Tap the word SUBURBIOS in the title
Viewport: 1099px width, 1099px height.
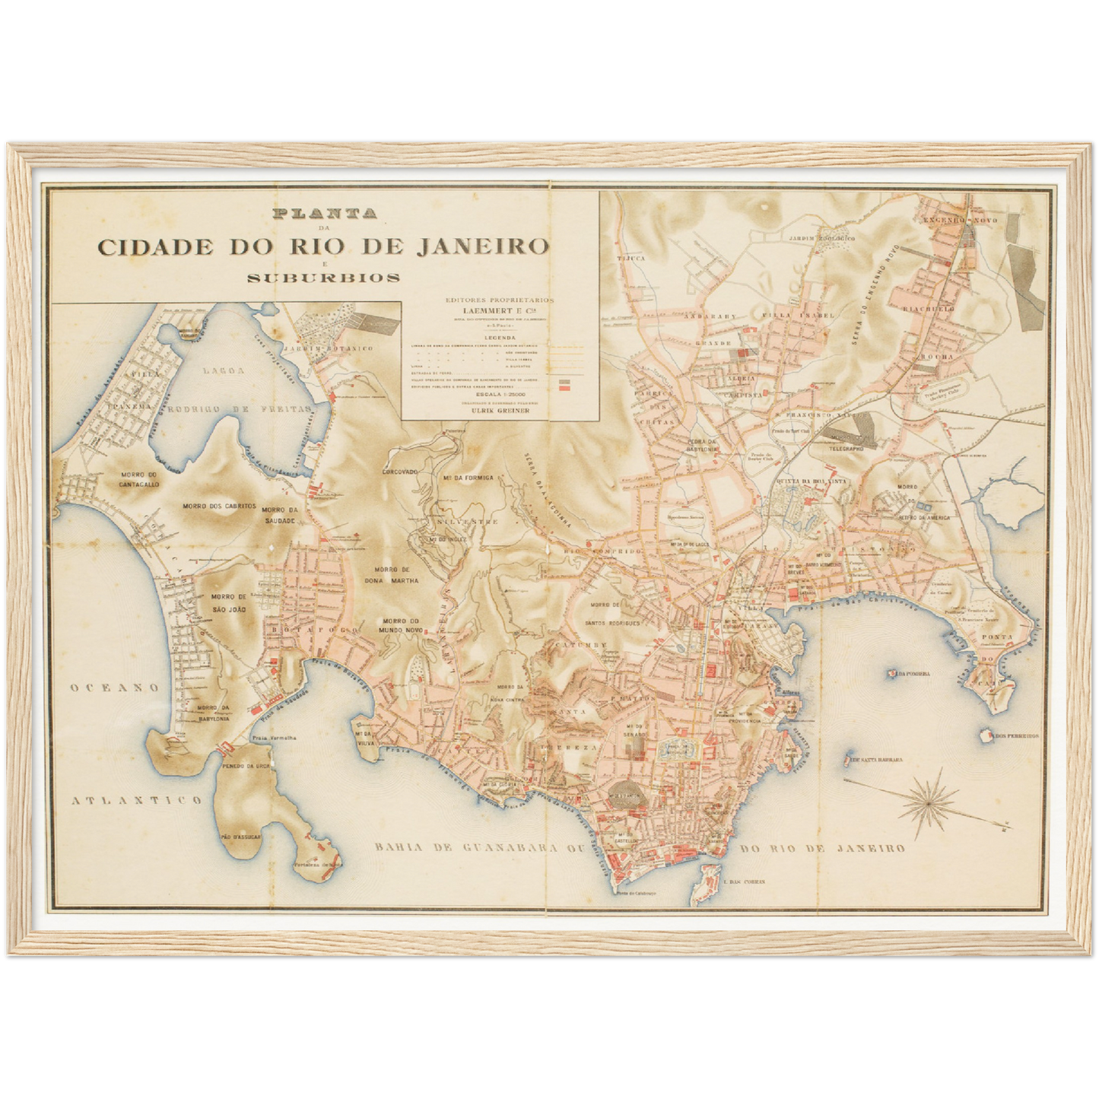(x=324, y=278)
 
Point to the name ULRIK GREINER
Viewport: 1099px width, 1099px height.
(x=500, y=410)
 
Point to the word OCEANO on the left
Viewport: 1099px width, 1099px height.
(x=116, y=688)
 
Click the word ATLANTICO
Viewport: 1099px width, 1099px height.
(x=137, y=799)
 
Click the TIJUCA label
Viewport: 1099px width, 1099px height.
(x=634, y=259)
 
